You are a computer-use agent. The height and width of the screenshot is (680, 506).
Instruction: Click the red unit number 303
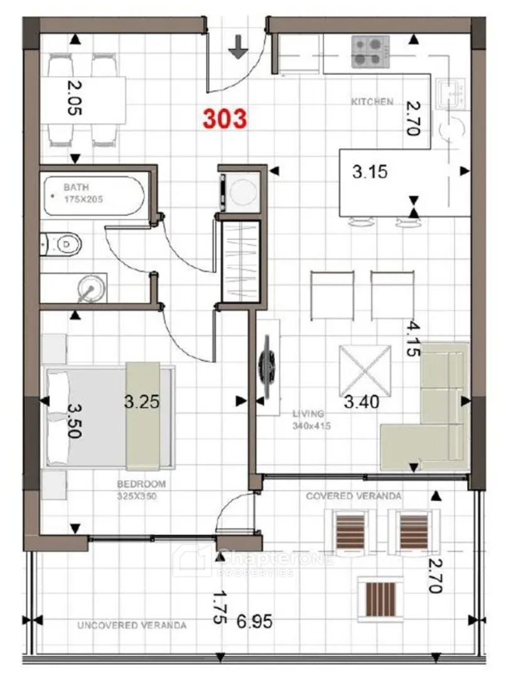(x=225, y=119)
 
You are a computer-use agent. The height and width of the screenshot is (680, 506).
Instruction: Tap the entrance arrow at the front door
(x=238, y=47)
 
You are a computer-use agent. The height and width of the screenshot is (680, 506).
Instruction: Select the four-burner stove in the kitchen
(x=370, y=52)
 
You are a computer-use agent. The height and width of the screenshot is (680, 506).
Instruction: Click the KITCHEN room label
(x=372, y=101)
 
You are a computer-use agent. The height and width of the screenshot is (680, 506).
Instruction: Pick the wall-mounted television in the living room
(x=266, y=367)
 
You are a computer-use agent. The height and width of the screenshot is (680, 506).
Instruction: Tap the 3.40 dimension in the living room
(x=362, y=402)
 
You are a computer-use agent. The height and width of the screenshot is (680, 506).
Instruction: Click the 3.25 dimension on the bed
(x=142, y=402)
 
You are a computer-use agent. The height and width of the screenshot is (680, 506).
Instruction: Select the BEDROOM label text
(x=141, y=483)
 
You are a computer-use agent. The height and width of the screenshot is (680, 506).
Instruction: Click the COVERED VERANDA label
(x=353, y=496)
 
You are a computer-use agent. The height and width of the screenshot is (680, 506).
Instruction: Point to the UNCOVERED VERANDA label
(x=132, y=625)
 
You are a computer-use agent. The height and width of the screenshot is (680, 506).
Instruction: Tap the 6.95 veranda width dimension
(x=255, y=622)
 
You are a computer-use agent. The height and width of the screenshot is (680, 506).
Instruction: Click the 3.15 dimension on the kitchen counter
(x=370, y=172)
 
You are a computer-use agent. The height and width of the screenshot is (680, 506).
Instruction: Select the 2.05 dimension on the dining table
(x=74, y=99)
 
